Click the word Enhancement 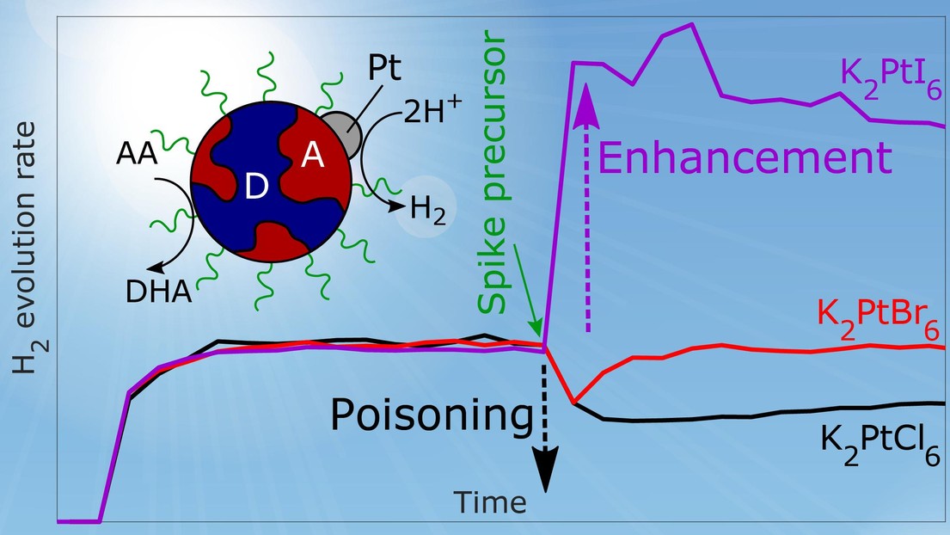[745, 157]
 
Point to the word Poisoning [432, 415]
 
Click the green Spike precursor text [492, 175]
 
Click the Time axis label [490, 501]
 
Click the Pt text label [385, 69]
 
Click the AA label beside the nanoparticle [137, 154]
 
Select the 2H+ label [432, 109]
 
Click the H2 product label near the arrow [428, 210]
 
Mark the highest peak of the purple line [691, 24]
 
